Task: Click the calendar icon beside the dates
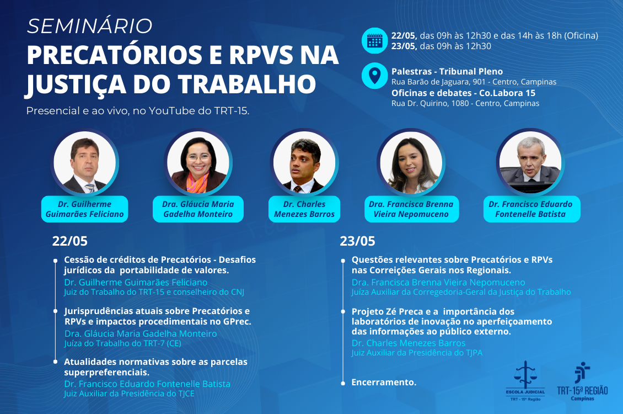click(375, 40)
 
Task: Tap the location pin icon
click(375, 76)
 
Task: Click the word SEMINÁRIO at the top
click(90, 26)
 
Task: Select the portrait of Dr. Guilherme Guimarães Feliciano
click(85, 162)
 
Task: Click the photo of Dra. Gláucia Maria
click(198, 162)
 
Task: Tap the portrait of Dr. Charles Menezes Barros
click(304, 162)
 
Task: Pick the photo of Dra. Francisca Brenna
click(411, 162)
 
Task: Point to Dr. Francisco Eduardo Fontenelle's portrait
click(530, 162)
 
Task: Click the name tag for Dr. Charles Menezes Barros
click(304, 209)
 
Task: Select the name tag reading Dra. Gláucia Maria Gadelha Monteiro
click(198, 209)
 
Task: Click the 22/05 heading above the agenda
click(70, 241)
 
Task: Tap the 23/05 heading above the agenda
click(357, 241)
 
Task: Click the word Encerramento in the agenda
click(384, 382)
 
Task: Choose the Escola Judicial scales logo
click(525, 380)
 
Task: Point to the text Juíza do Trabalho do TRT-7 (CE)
click(123, 343)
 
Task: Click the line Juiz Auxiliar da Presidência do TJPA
click(417, 353)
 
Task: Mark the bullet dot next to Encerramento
click(343, 384)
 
